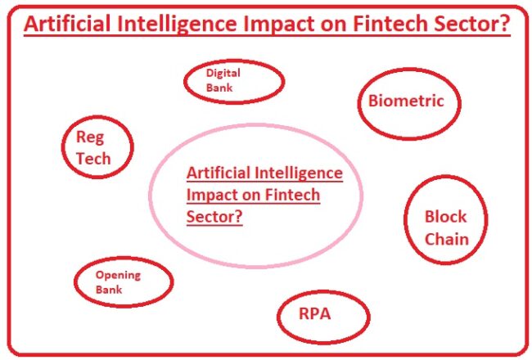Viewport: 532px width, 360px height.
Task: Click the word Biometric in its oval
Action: [406, 101]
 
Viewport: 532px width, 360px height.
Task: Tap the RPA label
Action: [314, 313]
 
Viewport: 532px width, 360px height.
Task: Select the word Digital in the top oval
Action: [223, 73]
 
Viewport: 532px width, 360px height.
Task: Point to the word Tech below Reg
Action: [92, 158]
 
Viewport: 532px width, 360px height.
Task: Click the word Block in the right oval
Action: [445, 217]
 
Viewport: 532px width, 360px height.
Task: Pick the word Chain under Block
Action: [446, 239]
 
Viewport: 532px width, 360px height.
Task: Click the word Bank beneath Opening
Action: [108, 290]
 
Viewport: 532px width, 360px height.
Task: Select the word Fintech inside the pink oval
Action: [291, 196]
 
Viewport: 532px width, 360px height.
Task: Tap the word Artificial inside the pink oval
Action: [219, 173]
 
